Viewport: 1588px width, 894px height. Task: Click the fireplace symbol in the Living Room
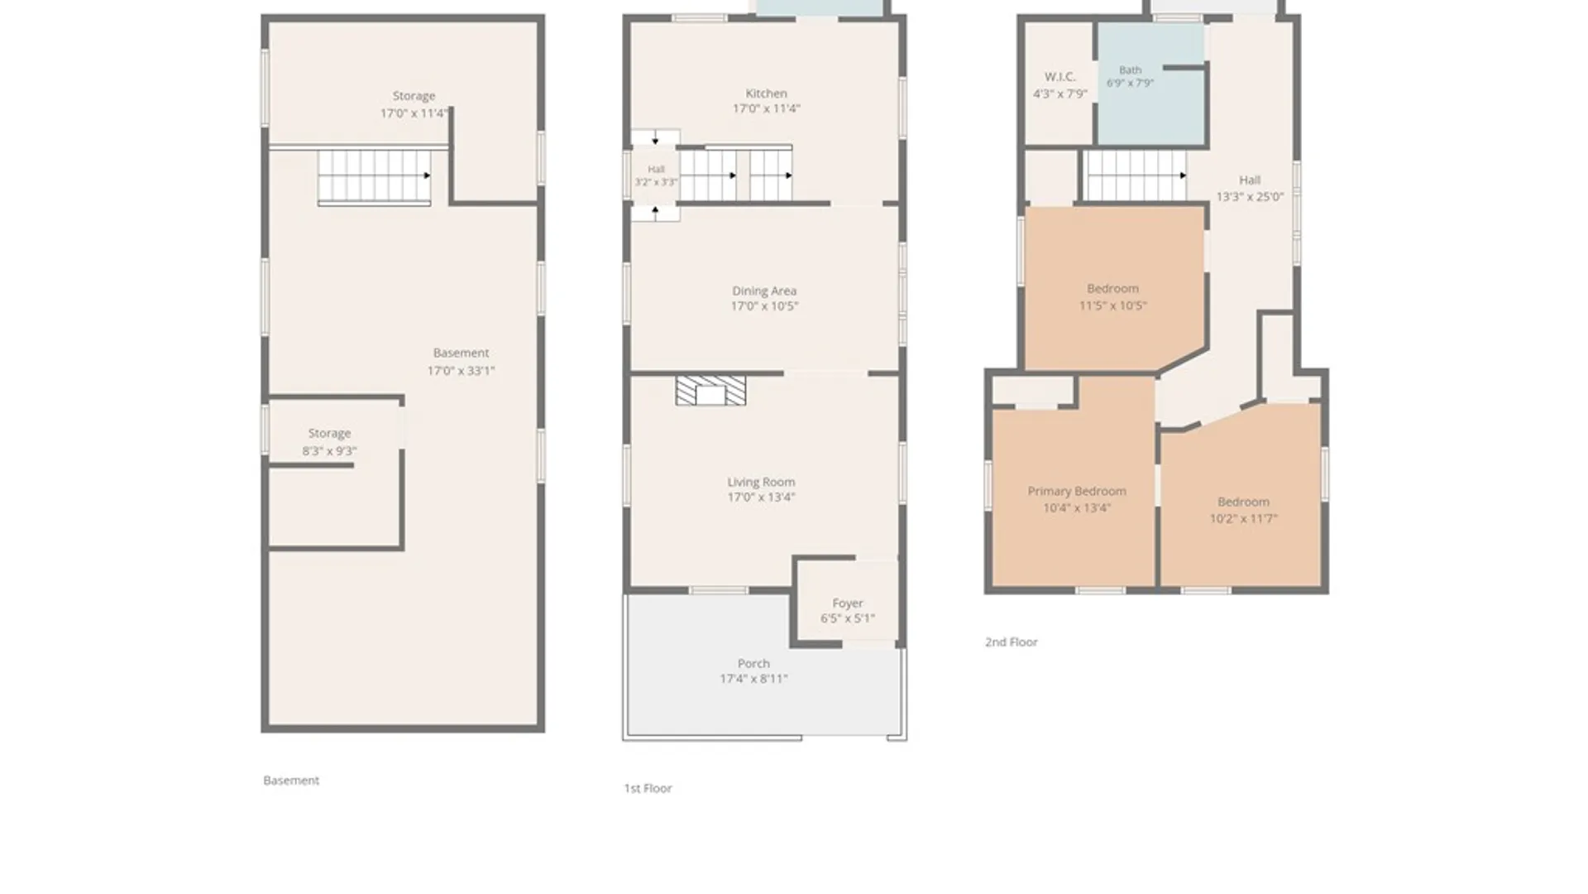click(710, 391)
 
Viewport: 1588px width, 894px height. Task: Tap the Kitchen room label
click(766, 94)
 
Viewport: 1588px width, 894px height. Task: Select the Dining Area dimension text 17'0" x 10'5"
click(764, 306)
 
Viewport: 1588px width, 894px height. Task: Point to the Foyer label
click(848, 603)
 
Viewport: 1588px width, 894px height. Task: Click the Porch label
click(753, 664)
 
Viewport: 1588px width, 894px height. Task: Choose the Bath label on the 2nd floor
click(1130, 70)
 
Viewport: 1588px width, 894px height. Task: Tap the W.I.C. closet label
click(1059, 77)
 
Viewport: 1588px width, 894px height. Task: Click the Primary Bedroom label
click(1077, 491)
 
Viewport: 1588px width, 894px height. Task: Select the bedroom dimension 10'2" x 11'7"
click(1243, 519)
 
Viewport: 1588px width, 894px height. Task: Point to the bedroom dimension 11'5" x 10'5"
click(1112, 305)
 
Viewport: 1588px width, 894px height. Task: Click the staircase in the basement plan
click(375, 176)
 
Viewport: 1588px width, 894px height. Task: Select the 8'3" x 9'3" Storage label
click(329, 442)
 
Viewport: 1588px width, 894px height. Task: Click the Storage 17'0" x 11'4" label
click(414, 104)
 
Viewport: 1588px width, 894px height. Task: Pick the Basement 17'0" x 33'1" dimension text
click(461, 371)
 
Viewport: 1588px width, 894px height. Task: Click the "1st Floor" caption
click(648, 788)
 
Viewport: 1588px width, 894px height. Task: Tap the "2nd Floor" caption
click(1011, 642)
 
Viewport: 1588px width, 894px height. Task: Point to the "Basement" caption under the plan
click(290, 780)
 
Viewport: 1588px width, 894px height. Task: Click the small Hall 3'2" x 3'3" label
click(656, 175)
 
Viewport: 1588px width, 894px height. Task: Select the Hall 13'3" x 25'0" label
click(1250, 188)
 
